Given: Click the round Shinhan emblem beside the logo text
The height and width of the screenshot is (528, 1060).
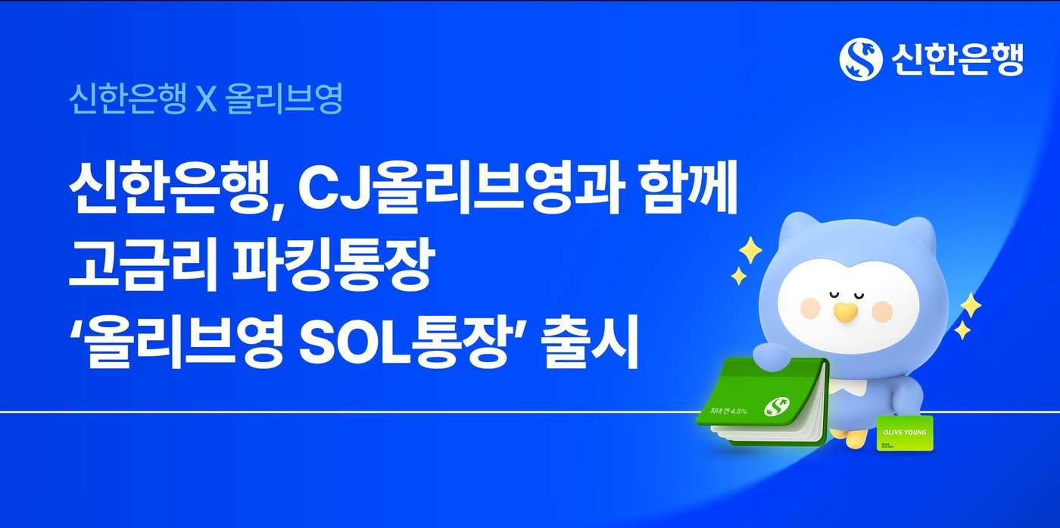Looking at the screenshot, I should [861, 59].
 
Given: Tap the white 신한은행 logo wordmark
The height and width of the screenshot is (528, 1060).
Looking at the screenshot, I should [957, 59].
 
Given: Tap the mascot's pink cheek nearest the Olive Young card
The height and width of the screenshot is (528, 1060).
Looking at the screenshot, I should [882, 309].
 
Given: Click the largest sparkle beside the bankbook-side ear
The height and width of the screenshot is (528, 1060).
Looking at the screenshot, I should [750, 250].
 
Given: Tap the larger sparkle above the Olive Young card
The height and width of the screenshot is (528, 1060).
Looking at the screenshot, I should [970, 305].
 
